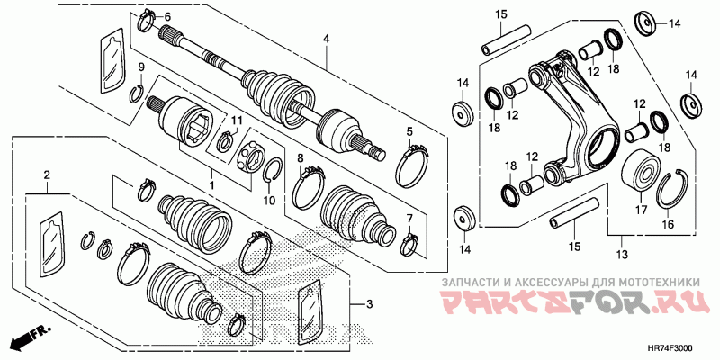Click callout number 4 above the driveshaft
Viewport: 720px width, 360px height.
[327, 39]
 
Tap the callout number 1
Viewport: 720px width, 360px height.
[212, 184]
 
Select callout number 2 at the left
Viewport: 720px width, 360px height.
[47, 174]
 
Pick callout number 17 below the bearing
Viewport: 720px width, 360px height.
[642, 210]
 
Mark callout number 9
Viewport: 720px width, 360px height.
[140, 68]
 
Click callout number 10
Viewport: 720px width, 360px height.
[267, 201]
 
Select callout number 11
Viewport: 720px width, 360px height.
[238, 121]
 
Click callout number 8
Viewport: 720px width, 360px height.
[301, 158]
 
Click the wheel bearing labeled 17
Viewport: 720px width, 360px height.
[641, 171]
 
